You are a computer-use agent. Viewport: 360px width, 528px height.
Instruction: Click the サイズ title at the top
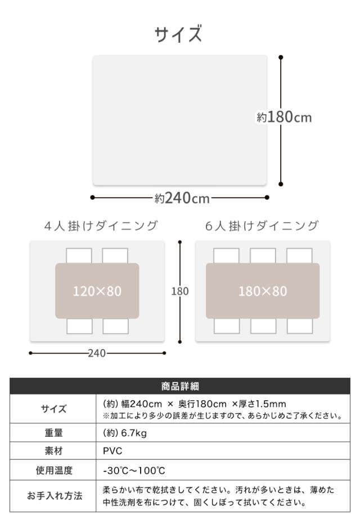click(x=179, y=34)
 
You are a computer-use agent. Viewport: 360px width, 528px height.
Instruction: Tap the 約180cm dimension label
click(x=284, y=118)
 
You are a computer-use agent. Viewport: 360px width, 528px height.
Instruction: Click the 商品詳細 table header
click(x=179, y=386)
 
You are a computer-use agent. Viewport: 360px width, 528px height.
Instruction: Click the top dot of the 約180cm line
click(x=281, y=57)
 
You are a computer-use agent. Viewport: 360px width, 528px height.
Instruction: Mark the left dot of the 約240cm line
click(x=92, y=197)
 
